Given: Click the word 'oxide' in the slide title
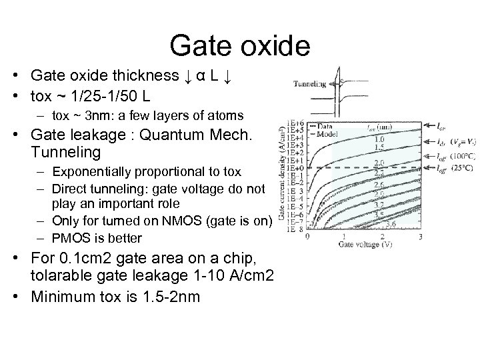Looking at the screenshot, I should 273,45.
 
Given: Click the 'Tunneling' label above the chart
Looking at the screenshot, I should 309,84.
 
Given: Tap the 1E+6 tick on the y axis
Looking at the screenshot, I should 294,124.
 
